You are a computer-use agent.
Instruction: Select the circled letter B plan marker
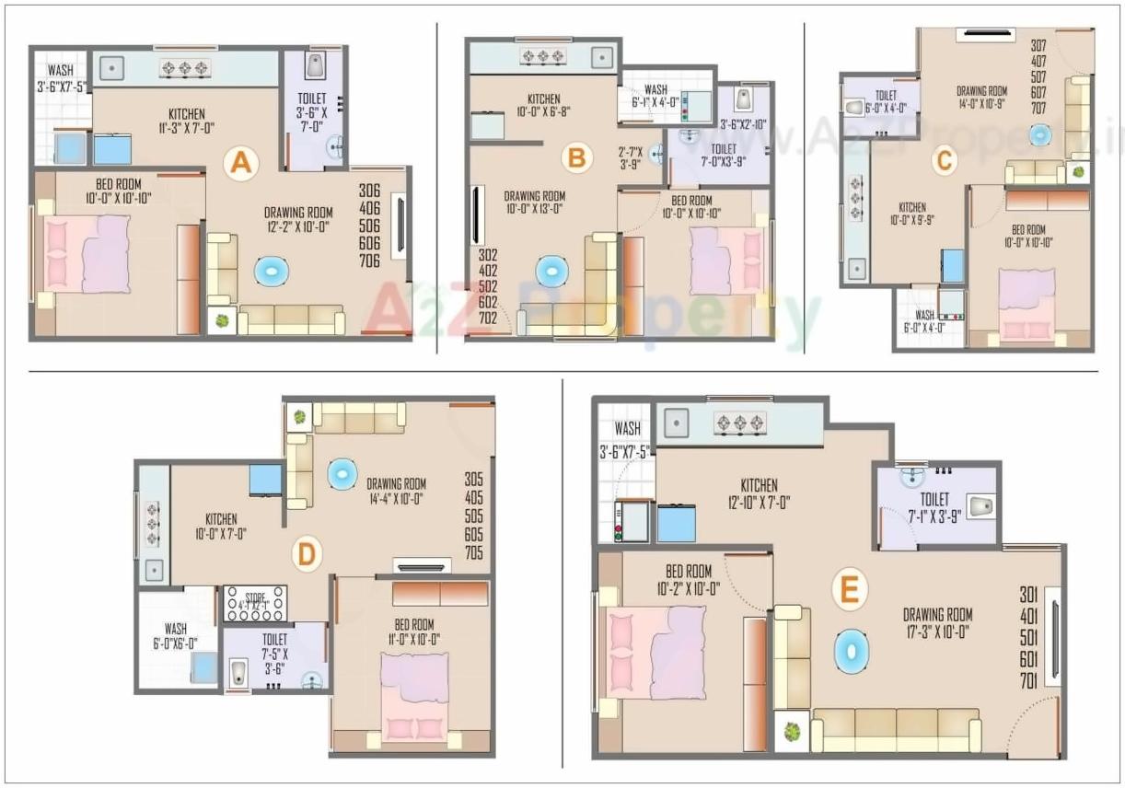pos(576,158)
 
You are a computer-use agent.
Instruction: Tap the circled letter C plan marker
pos(944,161)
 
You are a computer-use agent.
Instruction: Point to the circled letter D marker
pos(307,554)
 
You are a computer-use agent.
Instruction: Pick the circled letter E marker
pos(847,590)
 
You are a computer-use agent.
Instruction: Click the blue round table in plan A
pos(272,272)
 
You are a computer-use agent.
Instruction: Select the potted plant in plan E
pos(791,733)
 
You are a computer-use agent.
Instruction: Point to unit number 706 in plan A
pos(369,261)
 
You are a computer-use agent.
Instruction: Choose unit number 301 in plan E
pos(1028,595)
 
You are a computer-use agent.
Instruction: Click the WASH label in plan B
pos(655,89)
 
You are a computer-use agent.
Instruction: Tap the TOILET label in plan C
pos(886,94)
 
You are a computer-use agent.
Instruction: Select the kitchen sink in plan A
pos(112,66)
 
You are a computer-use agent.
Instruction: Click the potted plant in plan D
pos(299,417)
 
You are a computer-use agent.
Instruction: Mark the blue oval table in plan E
pos(851,650)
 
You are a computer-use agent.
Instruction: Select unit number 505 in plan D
pos(474,516)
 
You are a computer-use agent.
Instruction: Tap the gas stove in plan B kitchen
pos(543,57)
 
